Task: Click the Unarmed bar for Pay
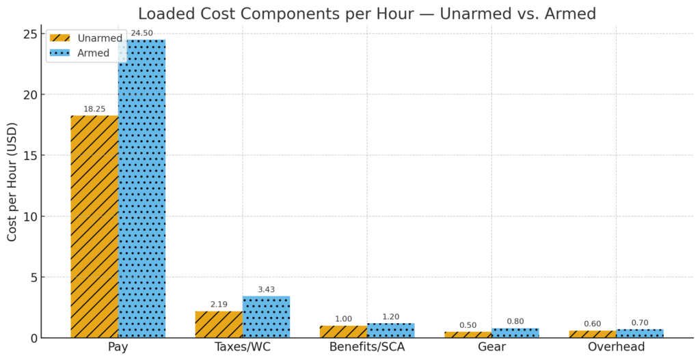[94, 226]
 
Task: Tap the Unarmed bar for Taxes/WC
[219, 324]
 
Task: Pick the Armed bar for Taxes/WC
[266, 317]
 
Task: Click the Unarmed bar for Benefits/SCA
[343, 331]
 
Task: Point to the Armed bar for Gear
[515, 333]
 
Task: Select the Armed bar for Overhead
[640, 333]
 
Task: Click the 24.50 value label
[142, 33]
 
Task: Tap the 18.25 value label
[94, 109]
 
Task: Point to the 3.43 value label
[266, 290]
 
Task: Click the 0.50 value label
[468, 325]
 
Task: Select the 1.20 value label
[390, 317]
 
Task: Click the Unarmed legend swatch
[60, 38]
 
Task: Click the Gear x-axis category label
[492, 347]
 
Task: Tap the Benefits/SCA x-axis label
[367, 347]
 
